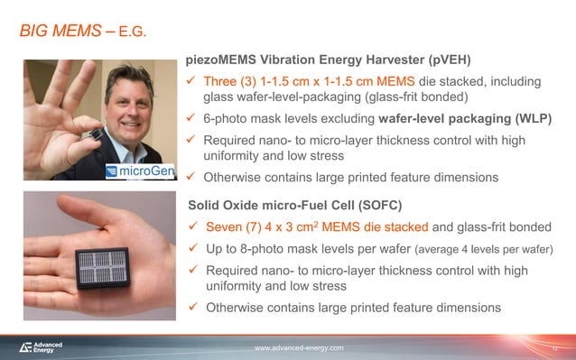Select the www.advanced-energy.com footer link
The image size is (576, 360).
[x=299, y=347]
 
